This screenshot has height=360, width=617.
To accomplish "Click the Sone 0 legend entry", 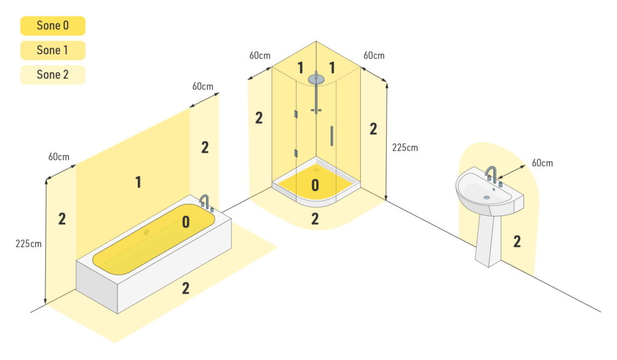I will pos(52,26).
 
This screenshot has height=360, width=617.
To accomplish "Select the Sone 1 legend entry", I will pos(52,51).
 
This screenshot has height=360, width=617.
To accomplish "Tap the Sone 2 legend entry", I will pos(52,75).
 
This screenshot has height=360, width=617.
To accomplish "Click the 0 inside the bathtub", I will pos(186,223).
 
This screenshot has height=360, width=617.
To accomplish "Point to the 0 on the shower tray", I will pos(315,185).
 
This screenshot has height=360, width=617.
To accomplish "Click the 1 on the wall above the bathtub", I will pos(139,182).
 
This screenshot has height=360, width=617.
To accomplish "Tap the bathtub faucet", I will pos(205,202).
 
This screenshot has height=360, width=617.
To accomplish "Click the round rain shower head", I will pos(315,78).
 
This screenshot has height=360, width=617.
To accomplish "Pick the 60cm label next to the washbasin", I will pos(542,163).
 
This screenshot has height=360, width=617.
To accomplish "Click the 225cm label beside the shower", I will pos(404,147).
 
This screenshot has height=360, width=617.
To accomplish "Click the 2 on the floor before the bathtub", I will pos(186,288).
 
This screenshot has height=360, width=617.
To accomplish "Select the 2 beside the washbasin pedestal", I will pos(517,241).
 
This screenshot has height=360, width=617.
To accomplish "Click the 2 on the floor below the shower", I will pos(315,219).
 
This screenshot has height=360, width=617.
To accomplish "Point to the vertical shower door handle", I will pos(331,135).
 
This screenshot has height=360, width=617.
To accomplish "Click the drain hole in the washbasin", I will pos(486,197).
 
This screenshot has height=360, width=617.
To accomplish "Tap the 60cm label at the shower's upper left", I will pos(260,55).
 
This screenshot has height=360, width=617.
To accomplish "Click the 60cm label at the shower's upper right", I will pos(374,55).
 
